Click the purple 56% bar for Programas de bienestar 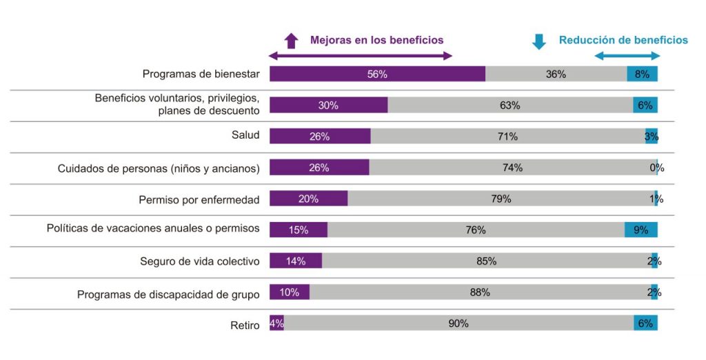377,74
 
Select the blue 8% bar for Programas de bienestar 642,74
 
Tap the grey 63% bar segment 510,106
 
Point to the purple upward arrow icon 291,41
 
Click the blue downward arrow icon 539,41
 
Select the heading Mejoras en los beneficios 376,40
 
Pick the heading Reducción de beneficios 623,40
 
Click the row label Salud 245,135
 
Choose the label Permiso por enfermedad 199,200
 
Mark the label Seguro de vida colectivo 199,262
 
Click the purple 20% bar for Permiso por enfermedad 308,199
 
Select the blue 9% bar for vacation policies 641,230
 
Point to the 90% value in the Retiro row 458,323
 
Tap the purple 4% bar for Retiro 276,323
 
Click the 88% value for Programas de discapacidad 480,292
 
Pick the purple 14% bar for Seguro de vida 295,261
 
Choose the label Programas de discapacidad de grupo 168,294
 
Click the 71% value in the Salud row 507,137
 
